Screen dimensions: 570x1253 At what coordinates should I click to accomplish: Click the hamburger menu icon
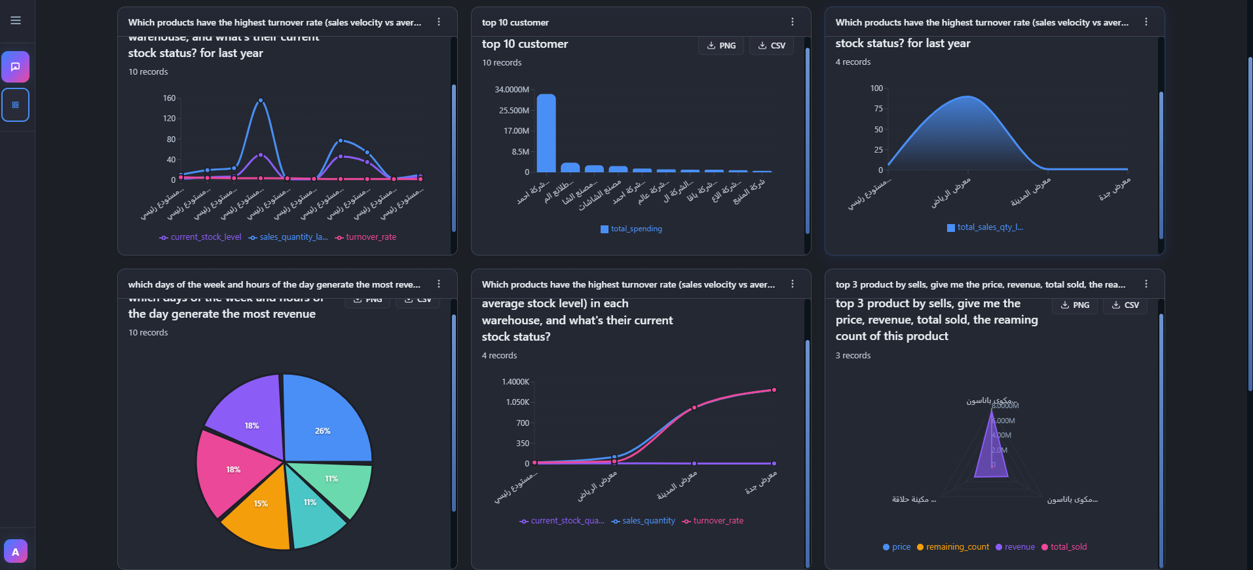[16, 20]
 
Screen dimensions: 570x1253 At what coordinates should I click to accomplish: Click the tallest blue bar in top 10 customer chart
[546, 133]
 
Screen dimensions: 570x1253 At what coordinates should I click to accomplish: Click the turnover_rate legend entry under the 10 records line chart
[371, 237]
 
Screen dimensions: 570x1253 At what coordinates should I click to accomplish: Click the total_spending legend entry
[635, 229]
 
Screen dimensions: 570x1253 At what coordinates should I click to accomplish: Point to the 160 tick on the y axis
[169, 98]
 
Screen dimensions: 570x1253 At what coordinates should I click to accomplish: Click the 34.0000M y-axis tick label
[512, 90]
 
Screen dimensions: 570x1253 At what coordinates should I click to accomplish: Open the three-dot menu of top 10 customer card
[793, 22]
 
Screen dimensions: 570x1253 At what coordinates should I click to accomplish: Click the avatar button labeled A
[16, 552]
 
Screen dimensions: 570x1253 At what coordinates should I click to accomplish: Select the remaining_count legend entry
[957, 547]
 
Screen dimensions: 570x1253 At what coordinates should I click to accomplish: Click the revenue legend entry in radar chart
[1019, 547]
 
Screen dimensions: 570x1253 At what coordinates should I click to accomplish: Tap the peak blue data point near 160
[261, 100]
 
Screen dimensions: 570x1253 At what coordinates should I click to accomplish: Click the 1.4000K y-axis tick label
[515, 382]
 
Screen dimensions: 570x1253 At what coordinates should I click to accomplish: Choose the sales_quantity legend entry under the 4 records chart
[648, 521]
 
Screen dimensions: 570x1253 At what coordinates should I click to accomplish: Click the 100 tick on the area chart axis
[876, 88]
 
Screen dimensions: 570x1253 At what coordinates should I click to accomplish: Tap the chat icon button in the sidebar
[16, 67]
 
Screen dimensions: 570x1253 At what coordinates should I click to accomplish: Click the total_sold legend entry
[1068, 547]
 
